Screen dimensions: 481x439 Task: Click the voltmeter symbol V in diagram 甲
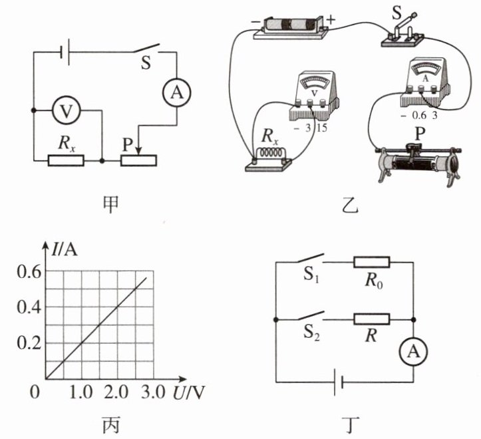(67, 110)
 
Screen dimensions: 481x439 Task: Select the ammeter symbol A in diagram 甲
(177, 92)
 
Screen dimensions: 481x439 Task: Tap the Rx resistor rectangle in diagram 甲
(66, 160)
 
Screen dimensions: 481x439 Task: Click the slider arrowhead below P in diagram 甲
(138, 151)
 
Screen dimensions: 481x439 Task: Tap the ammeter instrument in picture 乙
(425, 82)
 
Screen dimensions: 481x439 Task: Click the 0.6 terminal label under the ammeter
(419, 116)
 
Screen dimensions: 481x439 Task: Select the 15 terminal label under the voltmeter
(322, 128)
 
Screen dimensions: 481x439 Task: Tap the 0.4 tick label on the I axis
(29, 307)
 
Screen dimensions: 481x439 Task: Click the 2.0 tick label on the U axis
(116, 392)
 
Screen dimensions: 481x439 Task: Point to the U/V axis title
(189, 392)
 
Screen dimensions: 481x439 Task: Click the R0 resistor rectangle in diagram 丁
(371, 262)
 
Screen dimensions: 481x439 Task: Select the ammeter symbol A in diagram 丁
(413, 352)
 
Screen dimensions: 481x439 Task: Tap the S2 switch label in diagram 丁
(311, 333)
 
